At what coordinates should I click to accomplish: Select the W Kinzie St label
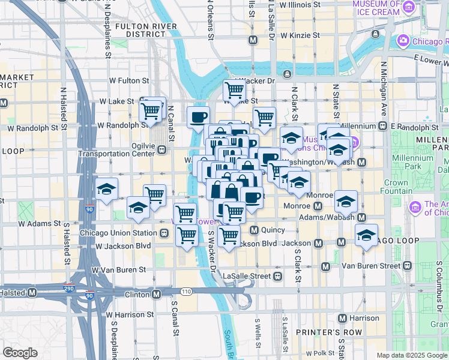click(x=298, y=35)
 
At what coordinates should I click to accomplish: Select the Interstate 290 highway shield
click(x=71, y=289)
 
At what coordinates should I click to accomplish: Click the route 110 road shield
click(x=187, y=291)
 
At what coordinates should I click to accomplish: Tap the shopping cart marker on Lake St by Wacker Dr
click(x=234, y=91)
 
